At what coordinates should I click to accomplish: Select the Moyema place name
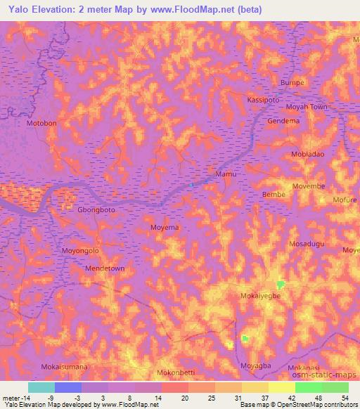pyautogui.click(x=165, y=228)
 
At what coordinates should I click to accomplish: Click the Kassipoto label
pyautogui.click(x=264, y=100)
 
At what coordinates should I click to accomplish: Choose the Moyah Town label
pyautogui.click(x=307, y=108)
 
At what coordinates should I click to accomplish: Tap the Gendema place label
pyautogui.click(x=284, y=121)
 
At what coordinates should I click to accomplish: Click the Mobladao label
pyautogui.click(x=308, y=153)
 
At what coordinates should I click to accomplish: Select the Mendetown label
pyautogui.click(x=85, y=268)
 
